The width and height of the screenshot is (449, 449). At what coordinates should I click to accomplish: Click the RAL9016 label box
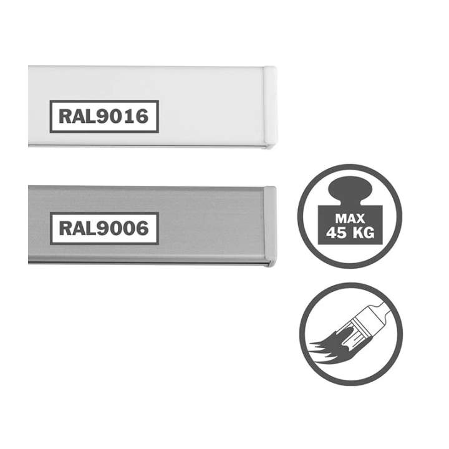(x=104, y=117)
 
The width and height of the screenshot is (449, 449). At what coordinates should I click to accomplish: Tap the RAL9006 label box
(x=104, y=228)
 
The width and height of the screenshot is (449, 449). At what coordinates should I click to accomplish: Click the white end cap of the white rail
(x=270, y=107)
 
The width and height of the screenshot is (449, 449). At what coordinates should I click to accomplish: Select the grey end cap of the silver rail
(x=270, y=226)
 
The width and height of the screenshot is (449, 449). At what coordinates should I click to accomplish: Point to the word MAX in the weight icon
(x=350, y=219)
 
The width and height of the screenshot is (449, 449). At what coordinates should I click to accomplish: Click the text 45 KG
(x=350, y=233)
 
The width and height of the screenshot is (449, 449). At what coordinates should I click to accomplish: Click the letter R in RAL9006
(x=65, y=228)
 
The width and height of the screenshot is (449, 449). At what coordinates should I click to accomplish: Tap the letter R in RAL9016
(x=65, y=117)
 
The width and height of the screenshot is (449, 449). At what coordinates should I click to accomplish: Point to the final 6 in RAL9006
(x=142, y=228)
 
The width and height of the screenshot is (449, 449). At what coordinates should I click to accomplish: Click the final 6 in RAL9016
(x=142, y=117)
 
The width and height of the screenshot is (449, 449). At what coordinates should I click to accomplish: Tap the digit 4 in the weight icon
(x=332, y=233)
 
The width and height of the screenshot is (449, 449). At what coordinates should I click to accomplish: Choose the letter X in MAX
(x=360, y=219)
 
